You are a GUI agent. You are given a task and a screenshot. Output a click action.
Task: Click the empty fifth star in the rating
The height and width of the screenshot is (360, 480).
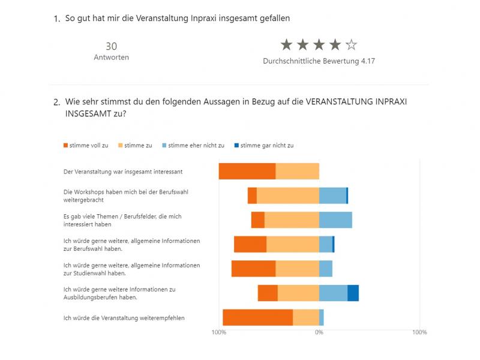coord(352,44)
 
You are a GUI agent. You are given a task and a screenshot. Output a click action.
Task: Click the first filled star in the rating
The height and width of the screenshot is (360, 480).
coord(287,44)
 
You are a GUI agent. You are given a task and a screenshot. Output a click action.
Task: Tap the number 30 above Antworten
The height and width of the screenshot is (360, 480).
coord(111,46)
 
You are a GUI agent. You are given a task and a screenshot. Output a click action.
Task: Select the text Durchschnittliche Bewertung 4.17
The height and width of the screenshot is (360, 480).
coord(319,61)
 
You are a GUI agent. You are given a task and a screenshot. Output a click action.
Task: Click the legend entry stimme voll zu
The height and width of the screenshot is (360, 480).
coord(86,145)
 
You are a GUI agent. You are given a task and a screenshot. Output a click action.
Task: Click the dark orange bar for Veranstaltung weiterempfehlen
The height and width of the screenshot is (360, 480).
coord(257,317)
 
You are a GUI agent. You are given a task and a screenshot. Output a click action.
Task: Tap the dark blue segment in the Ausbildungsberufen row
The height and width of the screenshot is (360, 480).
coord(353,293)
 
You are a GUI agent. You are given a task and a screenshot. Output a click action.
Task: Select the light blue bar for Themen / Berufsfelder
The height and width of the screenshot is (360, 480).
coord(335,220)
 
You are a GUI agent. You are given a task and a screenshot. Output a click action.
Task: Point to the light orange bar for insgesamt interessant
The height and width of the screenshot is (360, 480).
coord(297,171)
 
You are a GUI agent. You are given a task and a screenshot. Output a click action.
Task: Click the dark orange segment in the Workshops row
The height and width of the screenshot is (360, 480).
coord(252,196)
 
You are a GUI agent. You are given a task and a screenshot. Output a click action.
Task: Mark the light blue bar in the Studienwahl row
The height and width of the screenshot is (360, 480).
coord(326,268)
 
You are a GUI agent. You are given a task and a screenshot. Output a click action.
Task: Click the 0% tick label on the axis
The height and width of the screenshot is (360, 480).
coord(319,332)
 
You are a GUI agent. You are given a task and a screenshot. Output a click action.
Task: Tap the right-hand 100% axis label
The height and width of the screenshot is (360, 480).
coord(419,332)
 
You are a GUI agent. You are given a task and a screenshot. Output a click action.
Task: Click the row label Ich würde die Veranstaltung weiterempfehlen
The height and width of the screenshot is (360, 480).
coord(124,318)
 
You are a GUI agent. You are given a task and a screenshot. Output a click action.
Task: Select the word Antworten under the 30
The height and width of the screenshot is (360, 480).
coord(111,58)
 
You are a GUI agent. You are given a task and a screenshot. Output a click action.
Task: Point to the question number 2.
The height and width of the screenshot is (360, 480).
coord(56,102)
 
